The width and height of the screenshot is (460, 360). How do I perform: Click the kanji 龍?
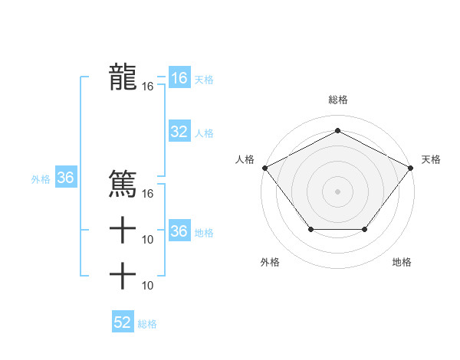tap(123, 77)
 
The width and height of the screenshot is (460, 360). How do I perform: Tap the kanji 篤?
tap(123, 184)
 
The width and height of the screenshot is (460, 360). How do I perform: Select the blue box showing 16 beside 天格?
tap(179, 78)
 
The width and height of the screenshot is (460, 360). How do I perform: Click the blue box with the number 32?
tap(179, 132)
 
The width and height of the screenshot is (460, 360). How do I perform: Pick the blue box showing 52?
tap(123, 322)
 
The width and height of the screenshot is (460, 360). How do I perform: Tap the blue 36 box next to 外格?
tap(66, 178)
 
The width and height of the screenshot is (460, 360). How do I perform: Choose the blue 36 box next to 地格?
tap(179, 231)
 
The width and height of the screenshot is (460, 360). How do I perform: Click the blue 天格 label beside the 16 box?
tap(204, 79)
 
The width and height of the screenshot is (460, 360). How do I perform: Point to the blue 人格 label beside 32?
tap(204, 133)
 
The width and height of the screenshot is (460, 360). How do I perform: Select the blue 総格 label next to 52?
tap(147, 323)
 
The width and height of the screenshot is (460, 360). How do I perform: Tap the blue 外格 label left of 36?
tap(41, 179)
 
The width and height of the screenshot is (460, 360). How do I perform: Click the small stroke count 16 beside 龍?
tap(148, 87)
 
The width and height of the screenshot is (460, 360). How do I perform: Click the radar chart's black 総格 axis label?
tap(338, 100)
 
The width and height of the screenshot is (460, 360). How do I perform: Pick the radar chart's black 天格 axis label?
tap(431, 159)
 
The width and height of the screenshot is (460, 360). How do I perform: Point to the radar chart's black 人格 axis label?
tap(245, 159)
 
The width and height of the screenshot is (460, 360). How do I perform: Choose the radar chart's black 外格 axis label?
tap(270, 262)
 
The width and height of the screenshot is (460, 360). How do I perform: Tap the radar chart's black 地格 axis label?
tap(402, 262)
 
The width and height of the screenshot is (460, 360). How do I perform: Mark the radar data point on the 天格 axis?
tap(411, 167)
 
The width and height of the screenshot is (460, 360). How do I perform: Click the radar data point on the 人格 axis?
tap(264, 167)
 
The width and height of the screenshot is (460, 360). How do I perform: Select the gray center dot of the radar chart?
tap(337, 191)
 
